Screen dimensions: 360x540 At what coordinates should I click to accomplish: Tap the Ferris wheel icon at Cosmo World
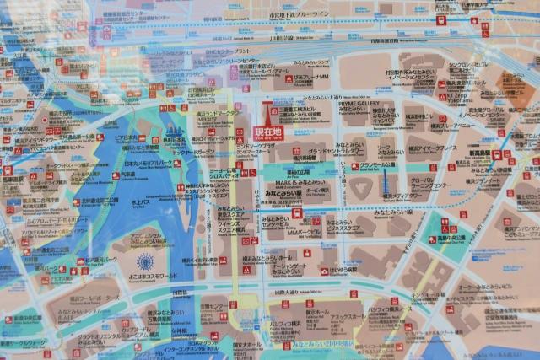[146, 261]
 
